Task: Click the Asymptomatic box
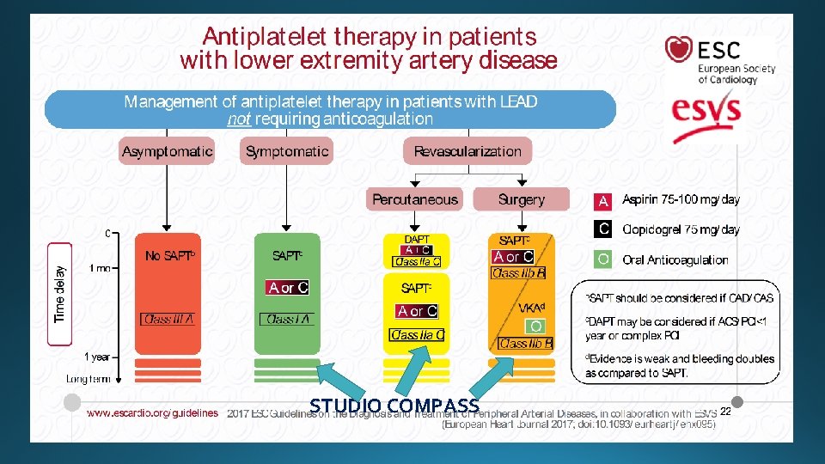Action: click(167, 151)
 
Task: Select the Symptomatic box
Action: click(287, 151)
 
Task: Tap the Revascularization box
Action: click(467, 151)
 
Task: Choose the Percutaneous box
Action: click(415, 199)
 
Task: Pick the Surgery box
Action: click(522, 199)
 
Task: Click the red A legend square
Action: click(603, 201)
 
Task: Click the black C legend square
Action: click(603, 229)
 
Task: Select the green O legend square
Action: click(603, 259)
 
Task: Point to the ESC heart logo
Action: click(679, 49)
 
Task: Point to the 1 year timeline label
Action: click(96, 357)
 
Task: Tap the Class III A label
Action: click(168, 319)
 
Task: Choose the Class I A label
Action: click(287, 319)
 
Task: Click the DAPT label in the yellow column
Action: click(417, 240)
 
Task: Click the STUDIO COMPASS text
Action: click(394, 406)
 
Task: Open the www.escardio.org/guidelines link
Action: click(152, 413)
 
